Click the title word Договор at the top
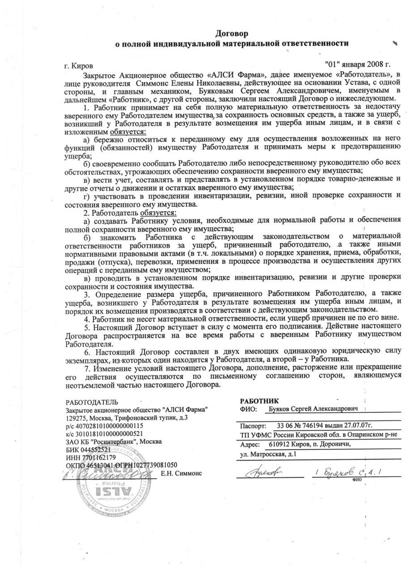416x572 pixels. tap(232, 34)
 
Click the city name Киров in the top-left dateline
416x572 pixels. tap(84, 66)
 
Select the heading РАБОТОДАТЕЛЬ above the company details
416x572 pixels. tap(92, 402)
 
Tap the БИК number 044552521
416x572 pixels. tap(94, 449)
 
